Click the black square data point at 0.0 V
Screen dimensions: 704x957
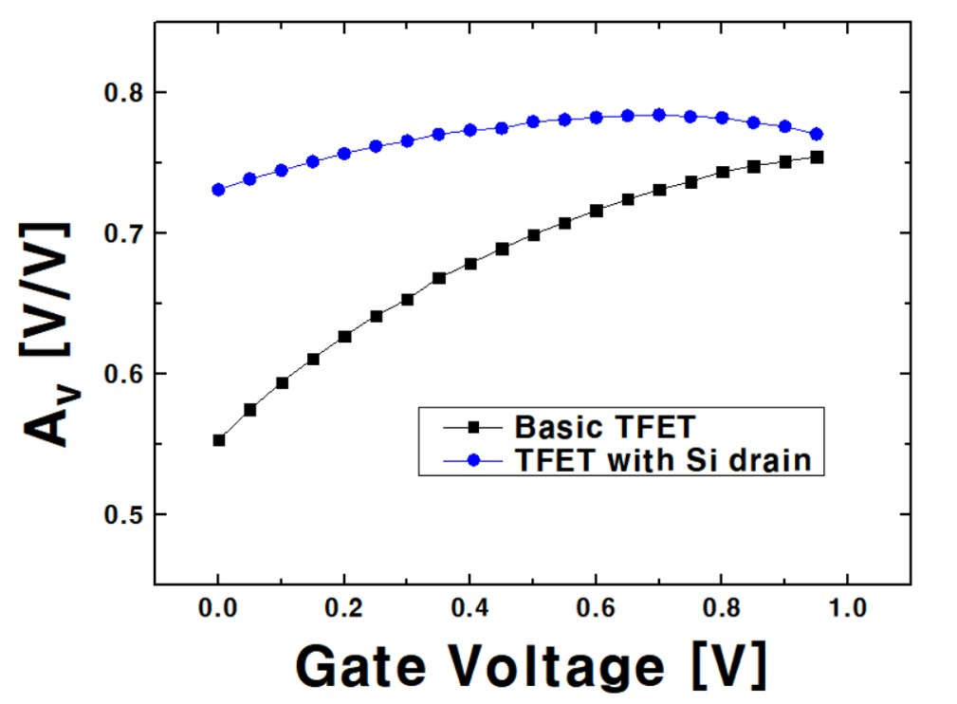pos(219,440)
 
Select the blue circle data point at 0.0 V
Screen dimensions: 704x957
pos(219,190)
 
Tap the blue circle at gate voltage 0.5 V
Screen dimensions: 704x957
pos(533,121)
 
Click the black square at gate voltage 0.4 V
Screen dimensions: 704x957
pos(470,264)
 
